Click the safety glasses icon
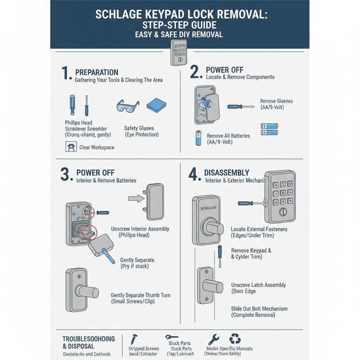[127, 107]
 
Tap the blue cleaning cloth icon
[156, 105]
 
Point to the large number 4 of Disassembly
[194, 174]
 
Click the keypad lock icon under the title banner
[179, 53]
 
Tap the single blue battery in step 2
[199, 138]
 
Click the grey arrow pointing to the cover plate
[136, 198]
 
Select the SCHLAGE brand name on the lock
[208, 208]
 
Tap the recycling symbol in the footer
[235, 339]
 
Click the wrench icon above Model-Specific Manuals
[213, 339]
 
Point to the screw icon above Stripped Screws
[134, 339]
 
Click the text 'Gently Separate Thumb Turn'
[140, 295]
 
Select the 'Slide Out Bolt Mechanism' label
[259, 309]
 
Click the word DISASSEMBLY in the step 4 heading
[227, 173]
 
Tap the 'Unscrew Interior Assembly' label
[140, 229]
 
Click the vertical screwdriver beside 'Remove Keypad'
[220, 256]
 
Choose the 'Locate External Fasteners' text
[259, 229]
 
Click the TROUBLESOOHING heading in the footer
[89, 339]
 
